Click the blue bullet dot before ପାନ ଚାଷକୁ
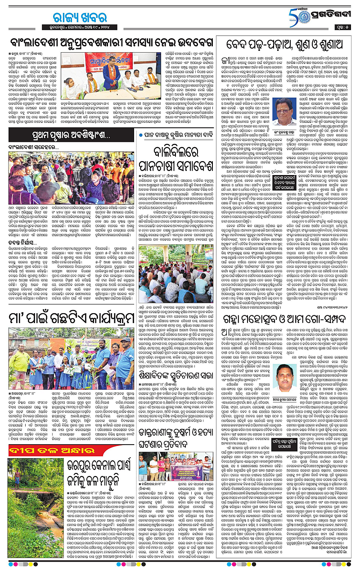pos(140,135)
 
